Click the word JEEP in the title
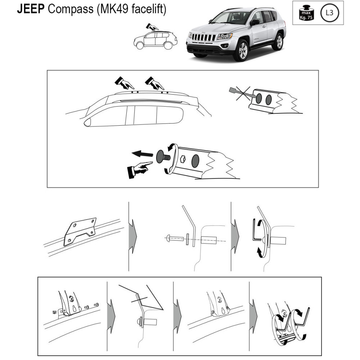coord(31,9)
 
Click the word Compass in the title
coord(71,9)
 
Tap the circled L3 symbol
coord(329,13)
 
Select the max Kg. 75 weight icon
coord(306,13)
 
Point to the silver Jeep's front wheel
coord(242,50)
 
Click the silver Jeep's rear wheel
coord(278,42)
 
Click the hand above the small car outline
coord(152,27)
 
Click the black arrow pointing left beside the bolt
coord(142,154)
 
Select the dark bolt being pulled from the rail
coord(163,157)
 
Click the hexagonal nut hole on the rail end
coord(183,159)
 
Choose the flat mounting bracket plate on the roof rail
coord(80,231)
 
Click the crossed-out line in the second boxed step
coord(139,300)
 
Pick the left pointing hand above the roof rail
coord(124,83)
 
